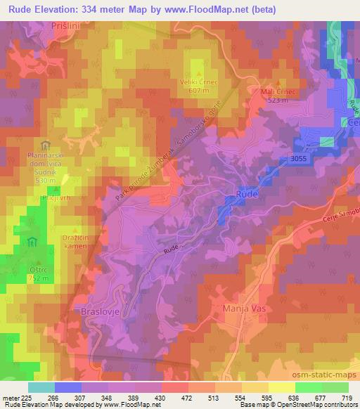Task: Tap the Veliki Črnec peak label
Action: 199,86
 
